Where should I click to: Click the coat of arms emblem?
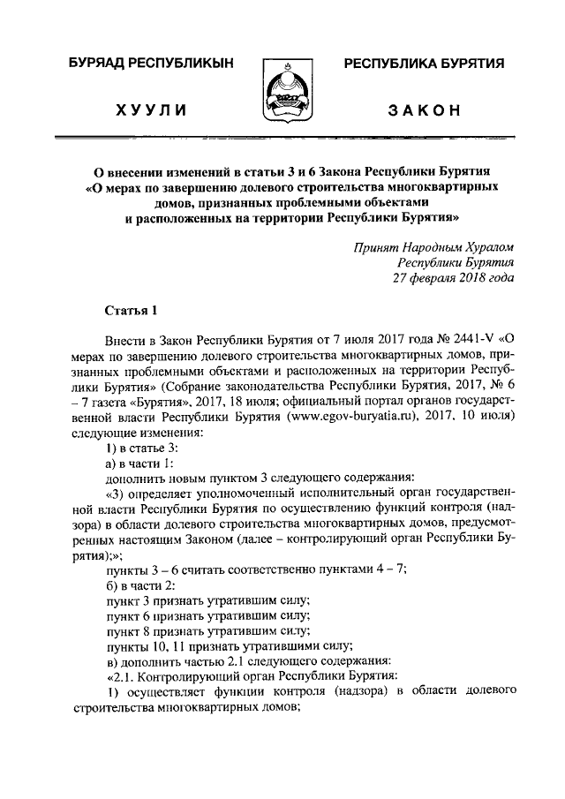click(282, 90)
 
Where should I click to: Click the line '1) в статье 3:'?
click(140, 449)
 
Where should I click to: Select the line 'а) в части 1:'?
click(139, 465)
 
